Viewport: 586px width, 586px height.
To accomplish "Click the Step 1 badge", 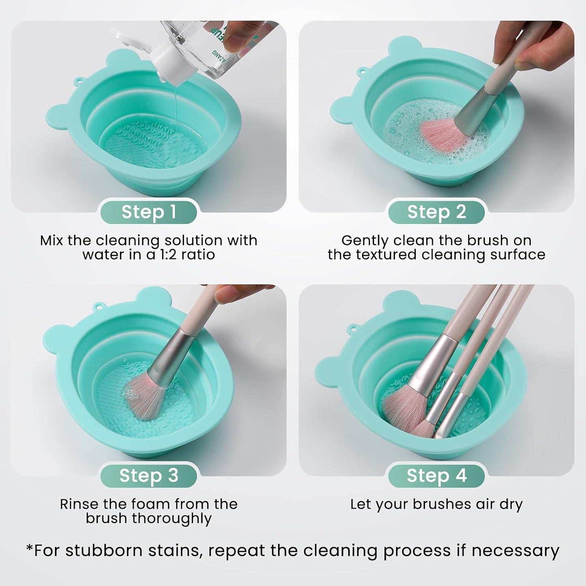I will click(148, 212).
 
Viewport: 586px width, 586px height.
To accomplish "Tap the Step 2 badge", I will click(436, 212).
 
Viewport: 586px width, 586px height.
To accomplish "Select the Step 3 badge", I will click(148, 475).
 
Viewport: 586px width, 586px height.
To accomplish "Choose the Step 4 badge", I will click(436, 475).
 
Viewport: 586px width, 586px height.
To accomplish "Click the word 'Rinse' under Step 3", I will click(79, 504).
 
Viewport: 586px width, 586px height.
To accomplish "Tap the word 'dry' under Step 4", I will click(511, 504).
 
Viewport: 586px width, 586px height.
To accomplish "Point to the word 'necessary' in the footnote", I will click(515, 551).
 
